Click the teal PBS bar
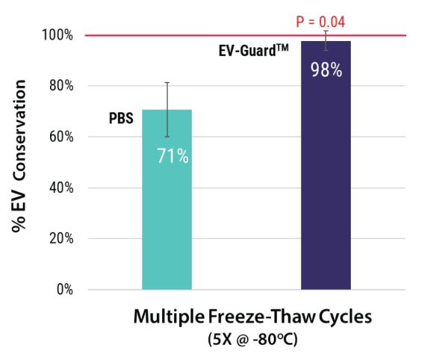(167, 224)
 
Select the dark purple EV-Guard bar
(326, 187)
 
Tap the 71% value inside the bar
(172, 157)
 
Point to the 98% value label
(326, 71)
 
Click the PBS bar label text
(122, 117)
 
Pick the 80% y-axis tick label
(59, 86)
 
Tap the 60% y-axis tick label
(59, 137)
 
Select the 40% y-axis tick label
(59, 187)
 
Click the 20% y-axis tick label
(59, 238)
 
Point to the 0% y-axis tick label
(62, 289)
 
